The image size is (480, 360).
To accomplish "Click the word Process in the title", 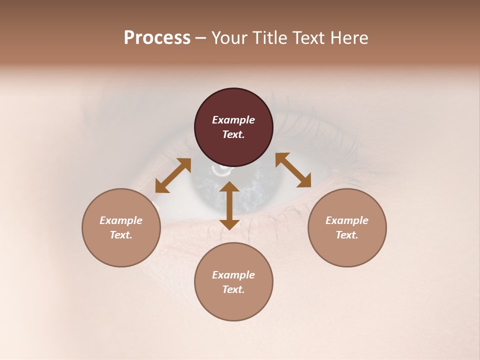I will pos(157,38).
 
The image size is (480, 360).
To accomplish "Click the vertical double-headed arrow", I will pos(229,205).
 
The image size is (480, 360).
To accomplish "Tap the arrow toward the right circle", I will pos(293,170).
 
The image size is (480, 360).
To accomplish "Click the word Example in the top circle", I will pos(233,120).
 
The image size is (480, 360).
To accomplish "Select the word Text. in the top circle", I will pos(233,134).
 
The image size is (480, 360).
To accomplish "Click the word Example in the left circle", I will pos(121,220).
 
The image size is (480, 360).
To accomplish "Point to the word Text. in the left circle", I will pos(121,235).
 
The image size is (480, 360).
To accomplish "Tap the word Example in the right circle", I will pos(347,220).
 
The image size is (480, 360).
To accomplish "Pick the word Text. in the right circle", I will pos(347,235).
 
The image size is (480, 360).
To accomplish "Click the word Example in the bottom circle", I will pos(233,275).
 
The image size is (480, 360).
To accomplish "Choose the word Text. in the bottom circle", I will pos(233,289).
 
